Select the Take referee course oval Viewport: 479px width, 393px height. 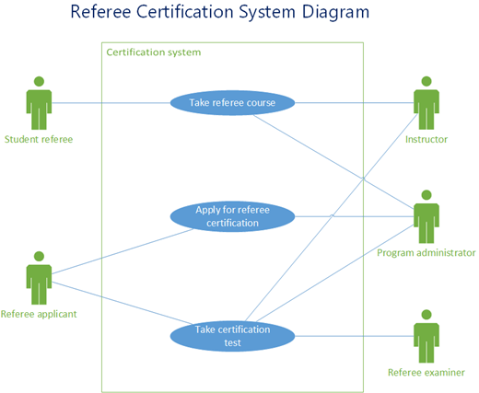coord(232,102)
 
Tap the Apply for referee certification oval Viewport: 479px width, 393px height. coord(232,216)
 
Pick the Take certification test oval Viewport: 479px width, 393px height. coord(232,335)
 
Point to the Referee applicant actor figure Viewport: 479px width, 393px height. coord(39,277)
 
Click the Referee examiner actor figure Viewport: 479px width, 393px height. coord(426,336)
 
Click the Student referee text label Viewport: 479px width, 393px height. coord(39,140)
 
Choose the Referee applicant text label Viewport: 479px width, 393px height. coord(39,314)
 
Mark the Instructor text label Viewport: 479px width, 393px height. coord(426,140)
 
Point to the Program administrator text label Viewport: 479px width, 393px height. coord(426,252)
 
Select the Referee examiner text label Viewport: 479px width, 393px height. coord(426,372)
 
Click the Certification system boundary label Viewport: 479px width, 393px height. coord(154,52)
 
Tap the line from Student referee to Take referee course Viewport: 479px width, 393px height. coord(111,102)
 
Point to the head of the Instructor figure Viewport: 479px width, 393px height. coord(426,80)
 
